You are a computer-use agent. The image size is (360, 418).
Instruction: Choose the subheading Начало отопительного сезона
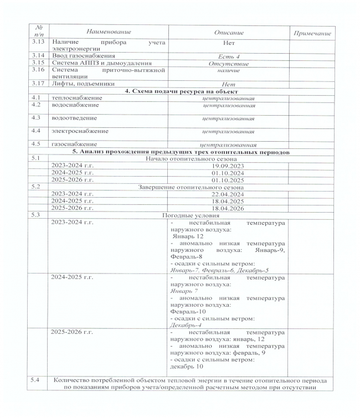[x=183, y=158]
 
